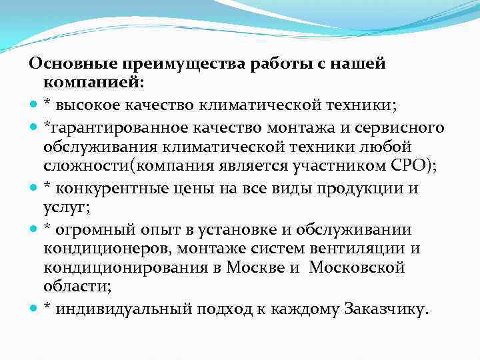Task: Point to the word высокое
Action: tap(85, 105)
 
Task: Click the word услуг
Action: tap(63, 208)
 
